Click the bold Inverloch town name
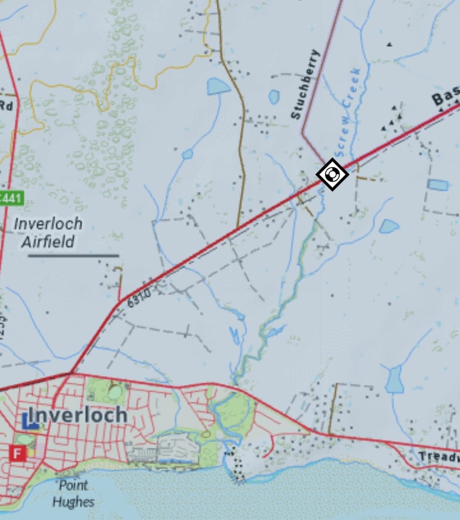(77, 415)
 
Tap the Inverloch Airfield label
(48, 233)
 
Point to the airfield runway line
(73, 256)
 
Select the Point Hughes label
(73, 494)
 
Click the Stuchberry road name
(305, 84)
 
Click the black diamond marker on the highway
(332, 174)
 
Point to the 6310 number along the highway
(139, 297)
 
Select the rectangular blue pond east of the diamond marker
(438, 185)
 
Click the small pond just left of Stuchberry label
(274, 97)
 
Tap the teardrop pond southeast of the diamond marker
(389, 226)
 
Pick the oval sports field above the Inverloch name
(114, 393)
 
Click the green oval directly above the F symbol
(25, 439)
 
